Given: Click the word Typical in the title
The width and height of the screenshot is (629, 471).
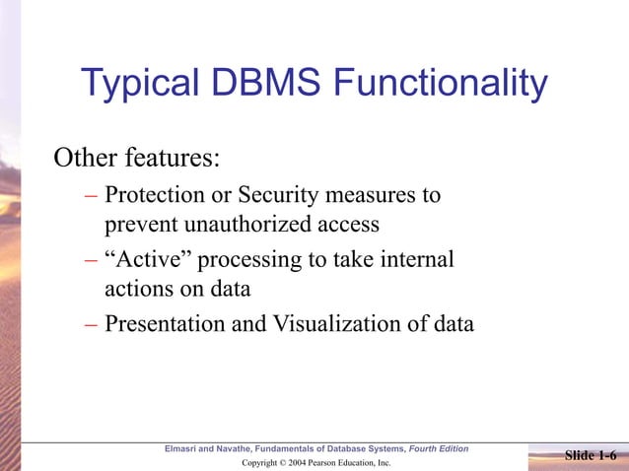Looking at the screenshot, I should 140,84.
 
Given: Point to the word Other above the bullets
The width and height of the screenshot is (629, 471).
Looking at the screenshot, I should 84,158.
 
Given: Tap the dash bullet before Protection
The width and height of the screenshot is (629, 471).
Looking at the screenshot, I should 90,194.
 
